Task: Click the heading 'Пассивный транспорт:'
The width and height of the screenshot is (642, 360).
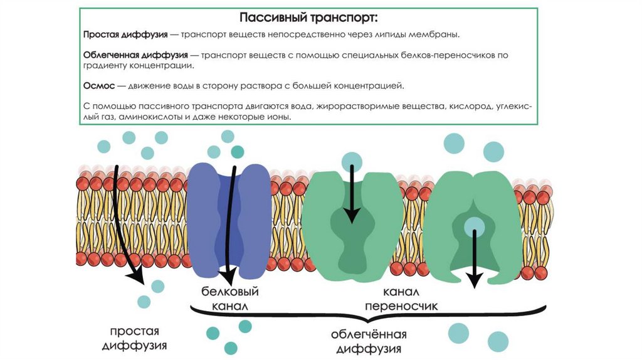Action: (309, 16)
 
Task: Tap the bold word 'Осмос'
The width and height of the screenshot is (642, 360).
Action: (98, 85)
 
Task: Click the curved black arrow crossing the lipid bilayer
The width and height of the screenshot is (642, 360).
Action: (122, 220)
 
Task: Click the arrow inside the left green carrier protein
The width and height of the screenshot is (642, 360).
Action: (352, 194)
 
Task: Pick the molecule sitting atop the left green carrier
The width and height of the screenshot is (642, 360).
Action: (352, 161)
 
